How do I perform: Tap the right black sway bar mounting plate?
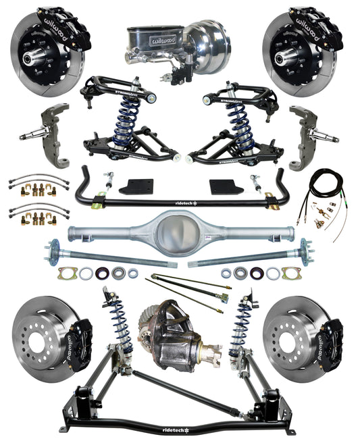(x=224, y=186)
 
